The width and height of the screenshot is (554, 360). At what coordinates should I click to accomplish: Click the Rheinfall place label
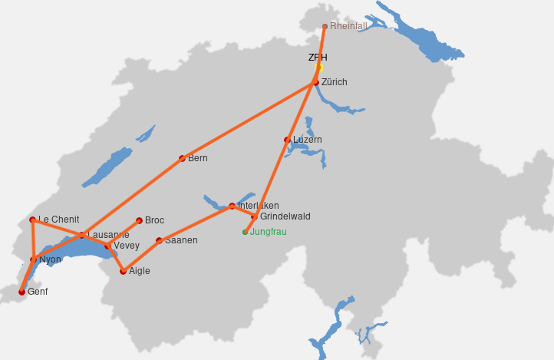pos(348,26)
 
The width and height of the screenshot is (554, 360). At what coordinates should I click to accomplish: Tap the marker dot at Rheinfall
pos(325,27)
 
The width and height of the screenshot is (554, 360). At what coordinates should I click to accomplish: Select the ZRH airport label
pos(318,58)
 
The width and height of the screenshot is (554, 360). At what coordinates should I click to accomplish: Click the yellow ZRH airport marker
pos(319,68)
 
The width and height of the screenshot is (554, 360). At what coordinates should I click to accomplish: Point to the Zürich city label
pos(335,82)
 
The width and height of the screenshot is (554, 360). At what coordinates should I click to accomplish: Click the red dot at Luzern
pos(288,140)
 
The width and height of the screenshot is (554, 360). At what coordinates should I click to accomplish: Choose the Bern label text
pos(198,158)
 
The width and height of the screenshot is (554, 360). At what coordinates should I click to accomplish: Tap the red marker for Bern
pos(182,159)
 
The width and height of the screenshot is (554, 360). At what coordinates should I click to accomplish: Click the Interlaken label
pos(259,206)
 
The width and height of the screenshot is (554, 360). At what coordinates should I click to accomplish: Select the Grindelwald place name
pos(285,216)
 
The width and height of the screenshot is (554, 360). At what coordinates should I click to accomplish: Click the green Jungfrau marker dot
pos(245,232)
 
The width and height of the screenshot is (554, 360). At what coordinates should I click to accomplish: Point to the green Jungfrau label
pos(269,232)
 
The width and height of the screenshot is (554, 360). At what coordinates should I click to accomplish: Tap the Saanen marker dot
pos(159,240)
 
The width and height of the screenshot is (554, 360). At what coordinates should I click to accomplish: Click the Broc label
pos(154,220)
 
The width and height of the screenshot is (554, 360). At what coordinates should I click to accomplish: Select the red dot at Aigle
pos(123,271)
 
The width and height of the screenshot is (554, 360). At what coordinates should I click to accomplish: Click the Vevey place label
pos(127,246)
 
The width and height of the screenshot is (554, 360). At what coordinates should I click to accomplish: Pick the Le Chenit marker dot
pos(32,220)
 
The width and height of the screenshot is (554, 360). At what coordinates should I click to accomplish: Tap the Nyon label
pos(50,259)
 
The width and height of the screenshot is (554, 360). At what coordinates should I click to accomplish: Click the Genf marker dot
pos(21,292)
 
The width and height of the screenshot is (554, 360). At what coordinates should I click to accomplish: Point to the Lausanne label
pos(108,234)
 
